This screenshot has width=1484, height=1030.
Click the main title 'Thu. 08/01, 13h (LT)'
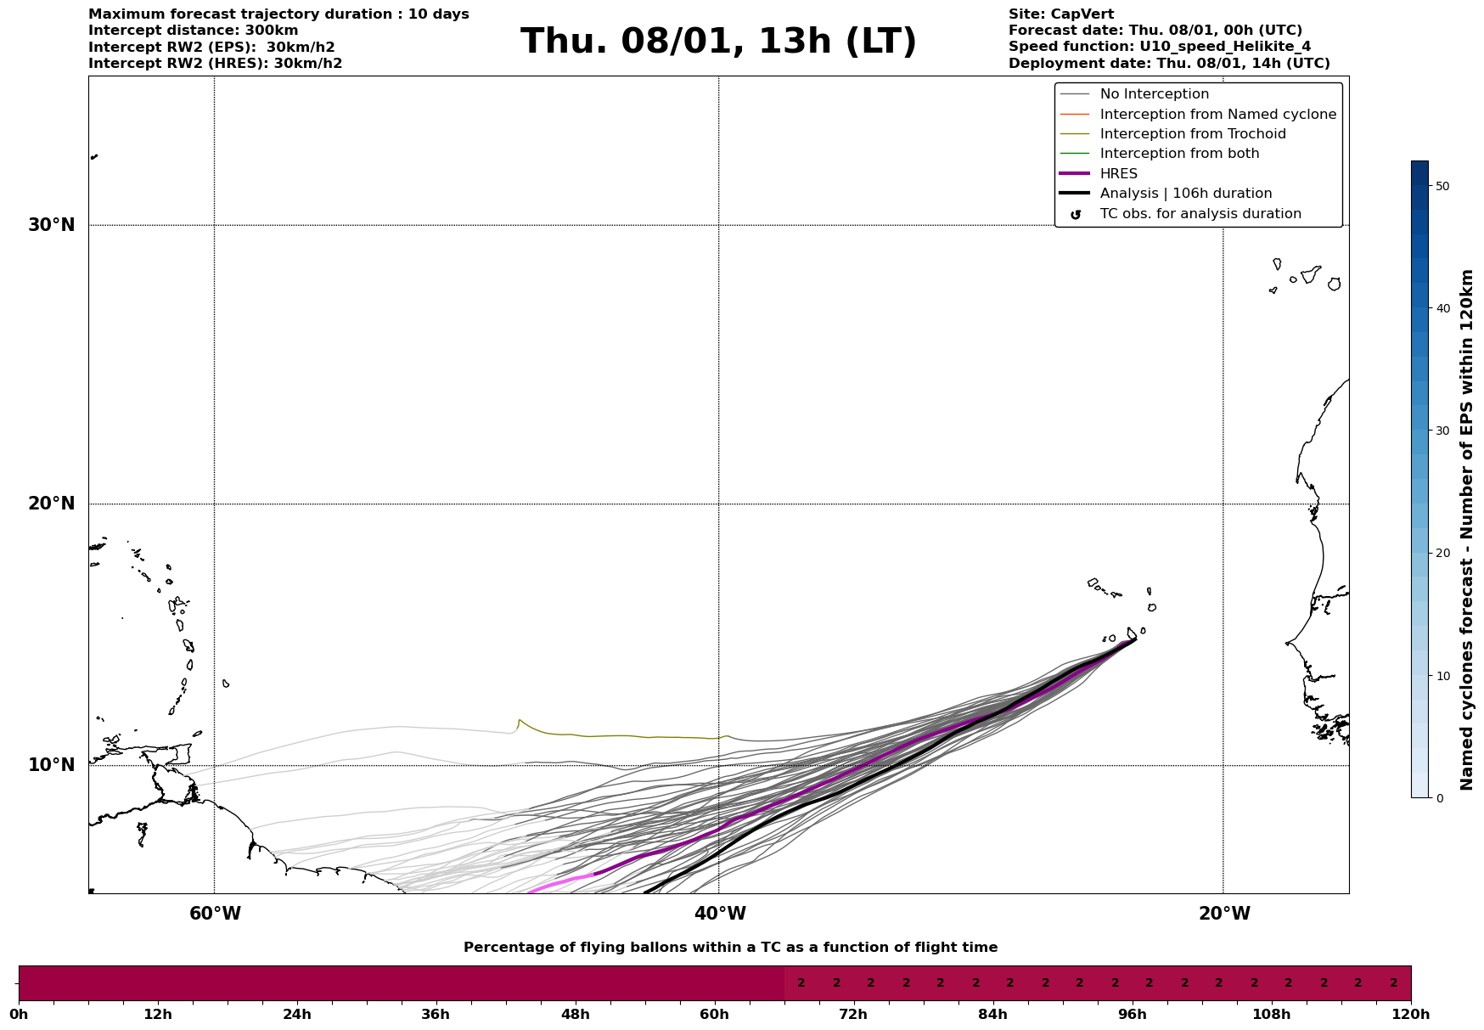pyautogui.click(x=718, y=42)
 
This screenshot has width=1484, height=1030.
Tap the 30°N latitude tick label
pyautogui.click(x=52, y=225)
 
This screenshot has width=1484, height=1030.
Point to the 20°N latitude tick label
pyautogui.click(x=52, y=504)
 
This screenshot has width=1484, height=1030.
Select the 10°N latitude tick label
pyautogui.click(x=52, y=765)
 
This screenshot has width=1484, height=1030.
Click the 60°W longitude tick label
pyautogui.click(x=215, y=914)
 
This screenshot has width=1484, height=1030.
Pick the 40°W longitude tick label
pyautogui.click(x=719, y=914)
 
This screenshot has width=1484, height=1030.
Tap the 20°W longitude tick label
pyautogui.click(x=1223, y=914)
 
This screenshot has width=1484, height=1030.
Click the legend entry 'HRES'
pyautogui.click(x=1118, y=174)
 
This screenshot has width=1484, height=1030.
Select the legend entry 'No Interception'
pyautogui.click(x=1154, y=94)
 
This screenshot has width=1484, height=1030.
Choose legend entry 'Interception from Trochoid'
pyautogui.click(x=1192, y=134)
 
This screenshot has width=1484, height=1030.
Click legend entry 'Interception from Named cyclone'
pyautogui.click(x=1217, y=115)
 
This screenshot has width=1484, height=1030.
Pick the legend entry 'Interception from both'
pyautogui.click(x=1179, y=154)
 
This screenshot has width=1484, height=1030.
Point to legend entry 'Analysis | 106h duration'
pyautogui.click(x=1185, y=194)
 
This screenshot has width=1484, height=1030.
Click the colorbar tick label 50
pyautogui.click(x=1442, y=186)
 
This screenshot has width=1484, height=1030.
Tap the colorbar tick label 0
pyautogui.click(x=1438, y=798)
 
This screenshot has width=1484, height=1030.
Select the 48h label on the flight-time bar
pyautogui.click(x=575, y=1014)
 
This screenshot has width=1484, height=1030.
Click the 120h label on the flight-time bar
pyautogui.click(x=1411, y=1014)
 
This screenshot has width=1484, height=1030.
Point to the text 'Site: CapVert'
pyautogui.click(x=1060, y=14)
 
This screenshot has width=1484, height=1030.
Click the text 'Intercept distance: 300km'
pyautogui.click(x=194, y=31)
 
